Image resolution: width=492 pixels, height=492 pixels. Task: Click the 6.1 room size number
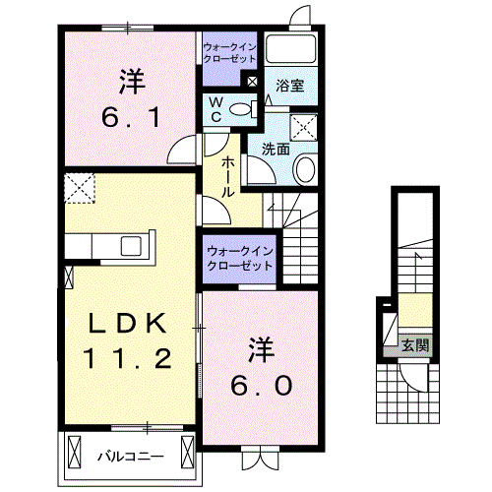(x=131, y=118)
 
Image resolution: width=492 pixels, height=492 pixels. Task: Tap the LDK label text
(x=128, y=324)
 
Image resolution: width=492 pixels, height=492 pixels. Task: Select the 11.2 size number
(x=128, y=358)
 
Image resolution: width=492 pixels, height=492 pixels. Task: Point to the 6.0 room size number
(x=261, y=385)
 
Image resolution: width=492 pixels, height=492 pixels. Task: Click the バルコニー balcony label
(x=131, y=457)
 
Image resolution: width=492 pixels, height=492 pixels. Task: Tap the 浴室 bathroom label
(x=290, y=86)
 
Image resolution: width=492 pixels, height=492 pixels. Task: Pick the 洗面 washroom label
(x=276, y=150)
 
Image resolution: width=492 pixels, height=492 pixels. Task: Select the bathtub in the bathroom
(x=290, y=48)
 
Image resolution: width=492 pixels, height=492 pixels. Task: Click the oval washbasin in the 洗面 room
(x=305, y=169)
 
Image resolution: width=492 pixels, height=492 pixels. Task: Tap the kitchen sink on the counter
(x=131, y=246)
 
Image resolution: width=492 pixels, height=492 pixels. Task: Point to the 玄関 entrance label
(x=415, y=345)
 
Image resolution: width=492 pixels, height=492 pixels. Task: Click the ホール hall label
(x=227, y=177)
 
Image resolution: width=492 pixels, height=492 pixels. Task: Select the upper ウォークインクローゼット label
(x=229, y=53)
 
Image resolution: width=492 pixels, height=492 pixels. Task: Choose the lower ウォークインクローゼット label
(x=240, y=259)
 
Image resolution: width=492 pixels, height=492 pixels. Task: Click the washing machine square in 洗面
(x=304, y=127)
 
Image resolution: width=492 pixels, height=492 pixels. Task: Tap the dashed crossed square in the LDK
(x=80, y=189)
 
